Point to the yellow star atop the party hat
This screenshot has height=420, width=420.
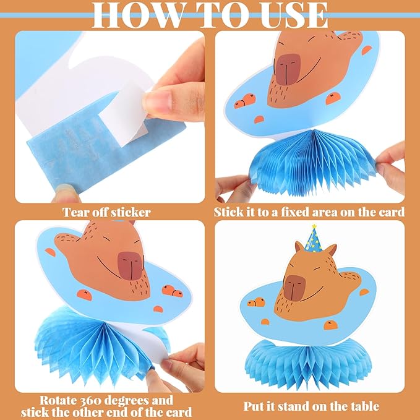point(314,226)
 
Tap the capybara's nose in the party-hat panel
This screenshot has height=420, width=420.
point(294,288)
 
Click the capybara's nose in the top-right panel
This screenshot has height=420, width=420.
point(288,69)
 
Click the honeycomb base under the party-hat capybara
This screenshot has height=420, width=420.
point(308,361)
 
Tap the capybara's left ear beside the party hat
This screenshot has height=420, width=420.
point(299,247)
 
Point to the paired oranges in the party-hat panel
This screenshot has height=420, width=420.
point(256,302)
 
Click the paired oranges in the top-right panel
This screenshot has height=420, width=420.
point(245,101)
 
